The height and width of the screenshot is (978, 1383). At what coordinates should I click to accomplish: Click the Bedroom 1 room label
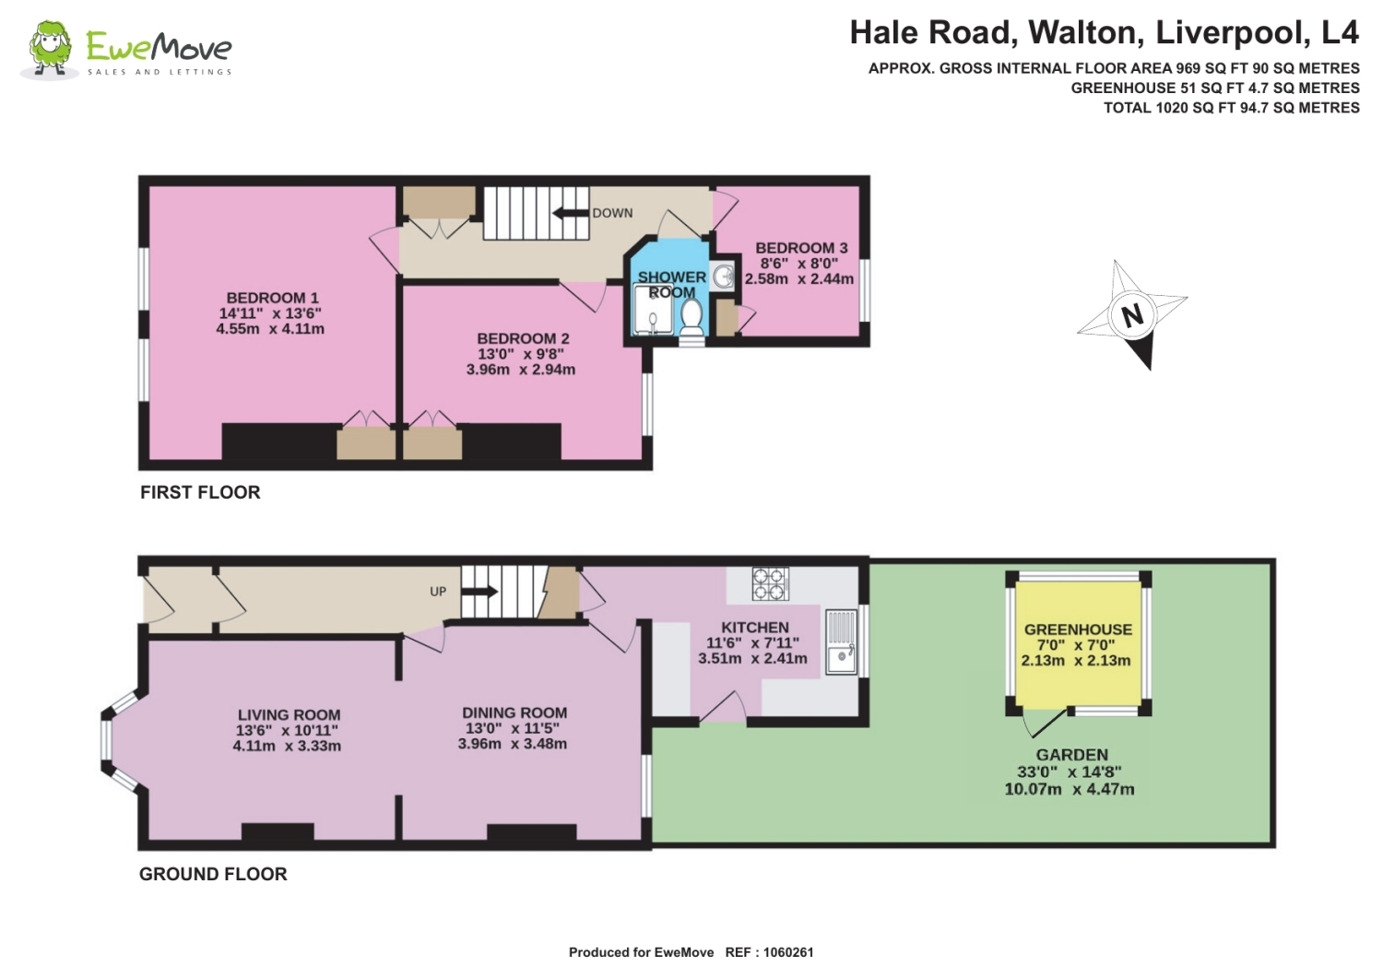(x=272, y=298)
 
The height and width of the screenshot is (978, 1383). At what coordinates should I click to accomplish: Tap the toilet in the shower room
(x=691, y=317)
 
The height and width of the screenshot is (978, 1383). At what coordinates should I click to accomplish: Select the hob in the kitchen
(x=770, y=583)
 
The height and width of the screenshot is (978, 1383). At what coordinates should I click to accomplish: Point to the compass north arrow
(x=1133, y=315)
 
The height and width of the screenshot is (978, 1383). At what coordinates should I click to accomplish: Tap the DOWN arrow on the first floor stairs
(x=571, y=214)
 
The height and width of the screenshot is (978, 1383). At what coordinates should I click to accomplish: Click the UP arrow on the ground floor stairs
(x=479, y=592)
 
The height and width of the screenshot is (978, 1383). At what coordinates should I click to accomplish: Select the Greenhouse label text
(x=1078, y=630)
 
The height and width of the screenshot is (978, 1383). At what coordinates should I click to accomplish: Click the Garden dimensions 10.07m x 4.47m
(x=1070, y=790)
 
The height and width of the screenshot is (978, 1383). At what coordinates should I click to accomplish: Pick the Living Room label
(x=289, y=715)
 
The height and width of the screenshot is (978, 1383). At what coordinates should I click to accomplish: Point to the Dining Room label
(x=514, y=713)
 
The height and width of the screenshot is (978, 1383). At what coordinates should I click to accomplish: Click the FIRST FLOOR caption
(x=200, y=493)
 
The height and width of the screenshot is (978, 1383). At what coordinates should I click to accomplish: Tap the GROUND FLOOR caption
(x=213, y=875)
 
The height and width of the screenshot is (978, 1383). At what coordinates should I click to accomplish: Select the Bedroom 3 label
(x=800, y=248)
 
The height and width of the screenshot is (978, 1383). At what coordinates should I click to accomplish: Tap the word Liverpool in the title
(x=1231, y=32)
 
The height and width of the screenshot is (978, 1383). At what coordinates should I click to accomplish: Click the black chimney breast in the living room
(x=278, y=831)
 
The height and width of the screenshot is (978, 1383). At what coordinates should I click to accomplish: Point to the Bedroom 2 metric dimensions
(x=520, y=370)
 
